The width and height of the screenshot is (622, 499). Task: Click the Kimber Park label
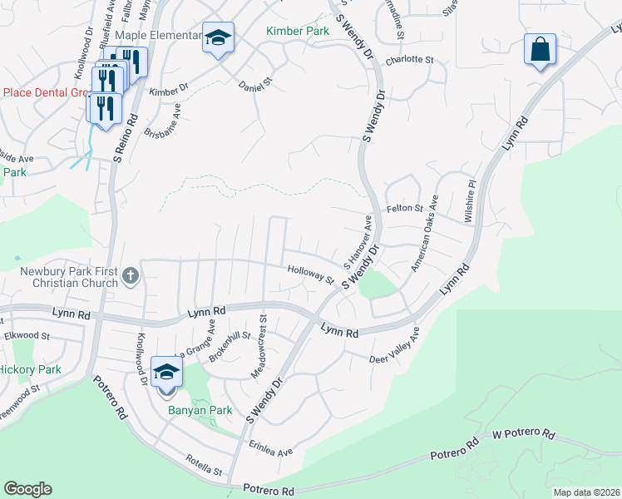click(297, 32)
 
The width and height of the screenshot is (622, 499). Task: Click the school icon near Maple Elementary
click(218, 38)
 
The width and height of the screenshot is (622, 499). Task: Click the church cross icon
click(130, 276)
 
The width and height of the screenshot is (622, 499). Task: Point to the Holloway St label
click(310, 274)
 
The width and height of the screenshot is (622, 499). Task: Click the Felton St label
click(405, 209)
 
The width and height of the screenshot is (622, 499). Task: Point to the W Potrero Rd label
click(523, 433)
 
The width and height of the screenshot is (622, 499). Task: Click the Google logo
click(27, 489)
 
